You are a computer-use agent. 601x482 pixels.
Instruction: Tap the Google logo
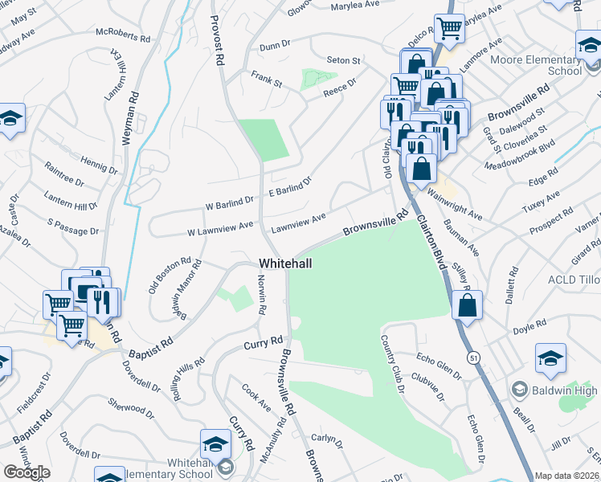click(x=27, y=472)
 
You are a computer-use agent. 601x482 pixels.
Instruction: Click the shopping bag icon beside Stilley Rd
click(x=467, y=306)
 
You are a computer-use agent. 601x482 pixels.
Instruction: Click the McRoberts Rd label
click(x=122, y=37)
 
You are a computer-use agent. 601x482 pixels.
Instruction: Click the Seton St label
click(x=344, y=60)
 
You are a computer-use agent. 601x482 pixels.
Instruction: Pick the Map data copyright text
click(x=567, y=476)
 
